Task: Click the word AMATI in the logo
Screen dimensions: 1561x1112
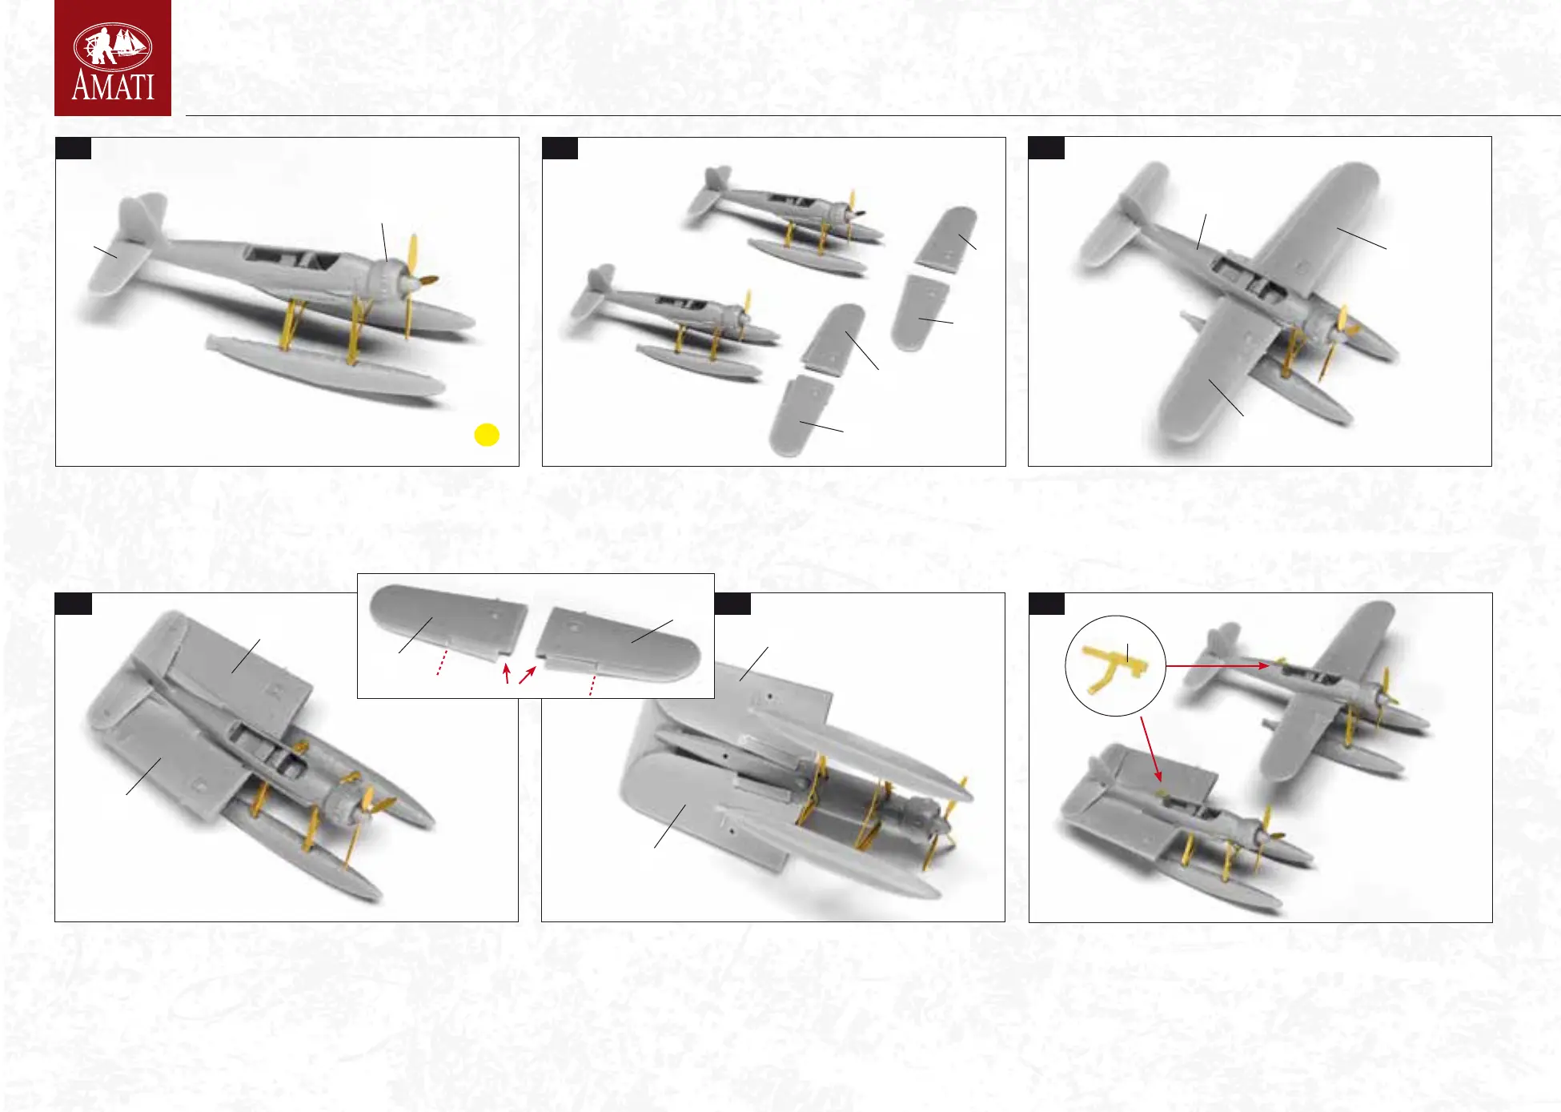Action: [113, 86]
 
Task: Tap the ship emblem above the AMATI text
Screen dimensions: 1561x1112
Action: [113, 45]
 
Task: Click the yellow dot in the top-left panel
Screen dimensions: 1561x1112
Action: [487, 435]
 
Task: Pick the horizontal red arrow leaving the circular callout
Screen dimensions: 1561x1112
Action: [1217, 665]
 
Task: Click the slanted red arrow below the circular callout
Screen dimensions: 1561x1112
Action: [1151, 749]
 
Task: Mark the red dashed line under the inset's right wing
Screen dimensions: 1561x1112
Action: [592, 685]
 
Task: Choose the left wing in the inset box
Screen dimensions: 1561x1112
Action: [447, 620]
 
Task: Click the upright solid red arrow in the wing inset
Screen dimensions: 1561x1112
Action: [506, 673]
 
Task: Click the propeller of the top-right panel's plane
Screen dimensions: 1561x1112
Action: [1338, 340]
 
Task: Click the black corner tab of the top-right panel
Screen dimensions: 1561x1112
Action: [1046, 148]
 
